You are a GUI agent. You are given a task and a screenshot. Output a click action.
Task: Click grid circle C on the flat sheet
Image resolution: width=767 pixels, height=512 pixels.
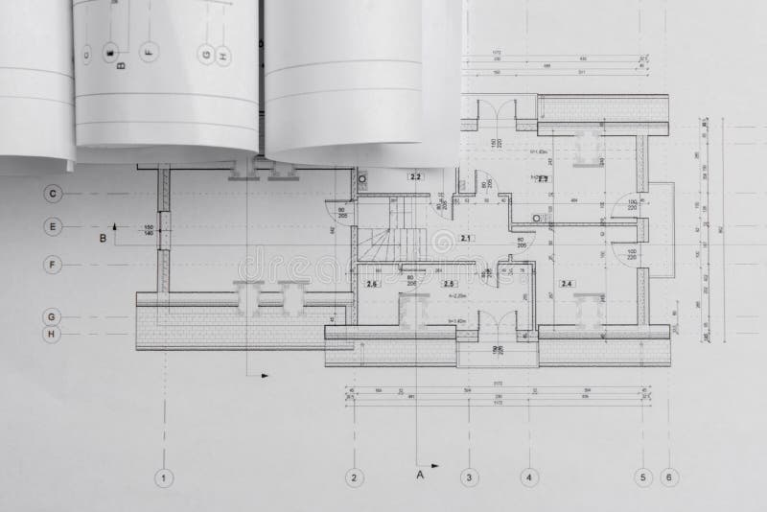click(53, 193)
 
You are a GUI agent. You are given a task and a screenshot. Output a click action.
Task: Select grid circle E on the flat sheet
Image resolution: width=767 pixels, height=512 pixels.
click(53, 227)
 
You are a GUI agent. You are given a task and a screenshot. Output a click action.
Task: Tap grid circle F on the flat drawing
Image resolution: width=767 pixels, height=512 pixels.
click(53, 262)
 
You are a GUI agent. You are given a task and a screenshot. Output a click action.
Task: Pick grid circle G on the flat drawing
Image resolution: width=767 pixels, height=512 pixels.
click(53, 315)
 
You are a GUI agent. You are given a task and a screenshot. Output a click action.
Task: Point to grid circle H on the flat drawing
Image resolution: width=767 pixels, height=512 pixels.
click(53, 335)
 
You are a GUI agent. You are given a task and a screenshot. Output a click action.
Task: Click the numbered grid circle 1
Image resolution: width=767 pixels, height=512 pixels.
click(165, 477)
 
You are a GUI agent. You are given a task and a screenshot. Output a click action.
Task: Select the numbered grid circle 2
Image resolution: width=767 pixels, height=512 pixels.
click(354, 477)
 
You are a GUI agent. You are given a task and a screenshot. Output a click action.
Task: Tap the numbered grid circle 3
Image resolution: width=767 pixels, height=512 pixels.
click(469, 477)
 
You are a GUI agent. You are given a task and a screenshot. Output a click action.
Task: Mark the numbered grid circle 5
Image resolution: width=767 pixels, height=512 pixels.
click(644, 477)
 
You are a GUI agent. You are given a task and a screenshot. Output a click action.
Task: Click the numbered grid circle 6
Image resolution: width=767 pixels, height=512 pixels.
click(669, 477)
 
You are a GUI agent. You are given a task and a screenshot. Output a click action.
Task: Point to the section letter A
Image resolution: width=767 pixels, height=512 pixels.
click(419, 473)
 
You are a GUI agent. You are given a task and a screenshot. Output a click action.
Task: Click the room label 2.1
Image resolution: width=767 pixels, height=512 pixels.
click(467, 237)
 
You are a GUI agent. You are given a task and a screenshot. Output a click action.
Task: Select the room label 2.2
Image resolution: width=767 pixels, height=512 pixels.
click(415, 177)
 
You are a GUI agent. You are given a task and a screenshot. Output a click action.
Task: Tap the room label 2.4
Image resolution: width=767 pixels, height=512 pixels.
click(567, 284)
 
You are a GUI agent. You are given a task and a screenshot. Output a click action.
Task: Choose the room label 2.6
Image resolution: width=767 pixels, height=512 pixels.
click(373, 284)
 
